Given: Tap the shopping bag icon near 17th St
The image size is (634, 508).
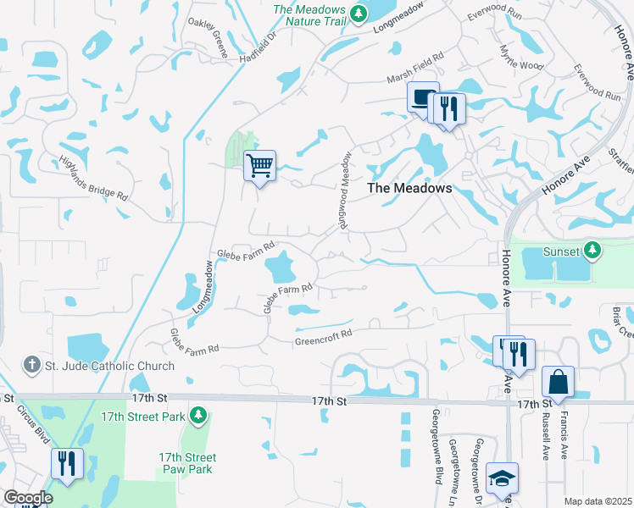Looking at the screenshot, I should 558,382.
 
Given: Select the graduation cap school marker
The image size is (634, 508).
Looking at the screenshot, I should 503,478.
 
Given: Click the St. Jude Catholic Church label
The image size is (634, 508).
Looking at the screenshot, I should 110,367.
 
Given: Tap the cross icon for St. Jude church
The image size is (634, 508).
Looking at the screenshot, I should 32,366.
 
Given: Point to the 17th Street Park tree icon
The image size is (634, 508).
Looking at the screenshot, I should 197,415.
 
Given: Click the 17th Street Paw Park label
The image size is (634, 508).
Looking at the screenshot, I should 187,463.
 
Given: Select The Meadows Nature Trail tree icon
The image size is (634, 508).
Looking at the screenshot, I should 359,13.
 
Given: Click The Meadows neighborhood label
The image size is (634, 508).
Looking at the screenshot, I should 409,189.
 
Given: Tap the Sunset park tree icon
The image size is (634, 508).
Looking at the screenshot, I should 593,251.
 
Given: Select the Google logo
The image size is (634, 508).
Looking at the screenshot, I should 28,498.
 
